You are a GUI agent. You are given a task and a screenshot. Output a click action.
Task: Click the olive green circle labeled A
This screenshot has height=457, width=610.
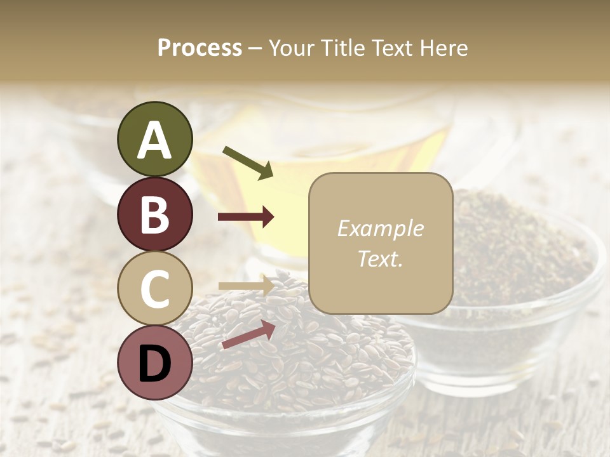click(155, 139)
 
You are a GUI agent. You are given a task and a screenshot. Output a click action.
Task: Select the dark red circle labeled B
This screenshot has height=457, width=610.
click(155, 214)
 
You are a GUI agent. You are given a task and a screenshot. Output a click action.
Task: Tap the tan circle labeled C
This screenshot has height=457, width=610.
click(155, 288)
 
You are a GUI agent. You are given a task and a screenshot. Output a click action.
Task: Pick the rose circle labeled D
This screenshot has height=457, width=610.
click(155, 362)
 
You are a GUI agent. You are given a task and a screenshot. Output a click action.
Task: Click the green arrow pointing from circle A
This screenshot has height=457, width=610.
click(248, 162)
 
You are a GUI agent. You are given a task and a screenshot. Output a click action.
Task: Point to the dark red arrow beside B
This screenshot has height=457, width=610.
click(246, 217)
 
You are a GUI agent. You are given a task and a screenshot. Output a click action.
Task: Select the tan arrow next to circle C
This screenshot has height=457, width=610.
click(246, 286)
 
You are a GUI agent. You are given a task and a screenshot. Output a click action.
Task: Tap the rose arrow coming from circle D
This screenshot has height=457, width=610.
click(248, 334)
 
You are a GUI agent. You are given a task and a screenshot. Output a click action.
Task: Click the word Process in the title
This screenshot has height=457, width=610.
click(200, 48)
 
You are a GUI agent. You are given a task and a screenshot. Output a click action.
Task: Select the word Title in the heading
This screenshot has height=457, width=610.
click(343, 48)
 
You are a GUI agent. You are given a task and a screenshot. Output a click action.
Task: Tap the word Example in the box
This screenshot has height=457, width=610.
click(380, 228)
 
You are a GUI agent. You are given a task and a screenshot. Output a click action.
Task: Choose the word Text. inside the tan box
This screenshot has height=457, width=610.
click(380, 259)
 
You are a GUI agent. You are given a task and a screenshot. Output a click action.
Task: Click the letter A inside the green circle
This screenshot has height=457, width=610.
click(155, 140)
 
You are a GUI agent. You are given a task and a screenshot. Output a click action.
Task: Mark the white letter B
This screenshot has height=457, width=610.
click(155, 215)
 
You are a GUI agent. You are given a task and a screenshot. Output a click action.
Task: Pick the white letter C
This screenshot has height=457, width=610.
click(155, 289)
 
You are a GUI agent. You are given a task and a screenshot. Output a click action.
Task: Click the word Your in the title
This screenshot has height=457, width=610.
click(292, 48)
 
